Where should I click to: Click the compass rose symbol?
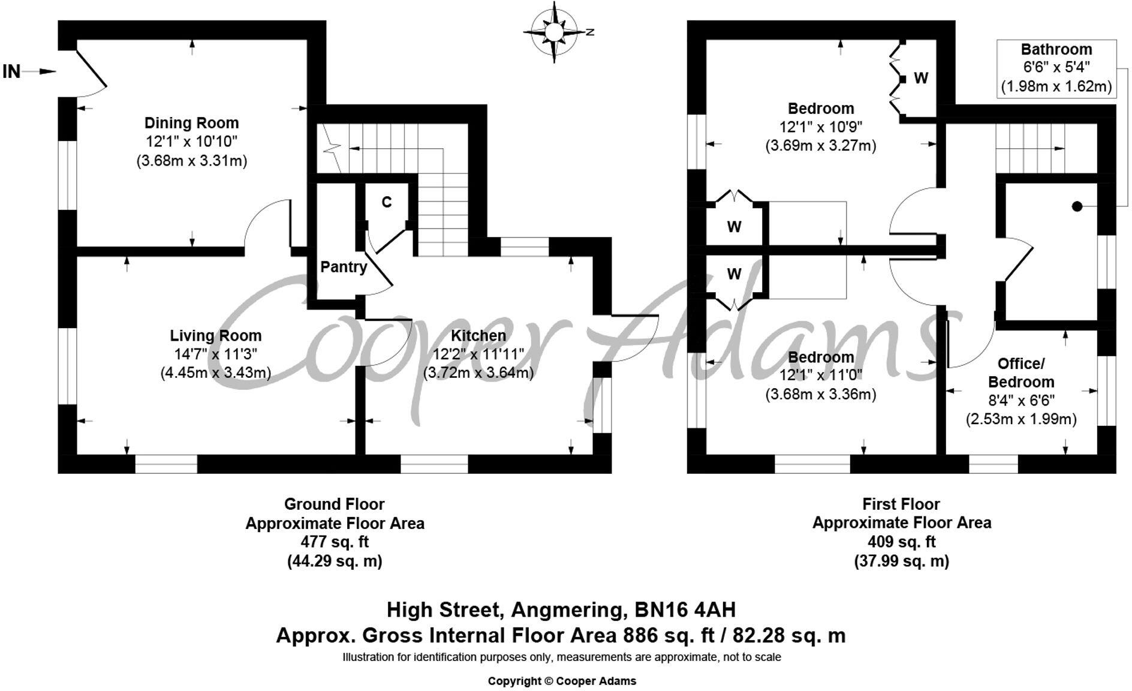coord(553,32)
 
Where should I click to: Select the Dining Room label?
coord(191,123)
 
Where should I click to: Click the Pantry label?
coord(343,267)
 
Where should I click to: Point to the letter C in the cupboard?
coord(387,202)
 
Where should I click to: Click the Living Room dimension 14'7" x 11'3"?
coord(215,354)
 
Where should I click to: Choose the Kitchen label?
coord(478,335)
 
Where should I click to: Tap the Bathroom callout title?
coord(1056,49)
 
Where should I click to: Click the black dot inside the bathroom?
coord(1077,206)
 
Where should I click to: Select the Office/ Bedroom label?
coord(1020,372)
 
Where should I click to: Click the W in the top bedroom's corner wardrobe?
coord(921,78)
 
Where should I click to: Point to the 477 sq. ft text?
coord(334,542)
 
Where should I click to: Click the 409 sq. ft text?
coord(901,542)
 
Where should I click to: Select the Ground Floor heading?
coord(334,504)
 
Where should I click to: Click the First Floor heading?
coord(901,504)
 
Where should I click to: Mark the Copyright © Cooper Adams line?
coord(562,681)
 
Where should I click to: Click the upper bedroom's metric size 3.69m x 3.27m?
coord(820,146)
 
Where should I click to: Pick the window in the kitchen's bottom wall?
coord(434,464)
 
